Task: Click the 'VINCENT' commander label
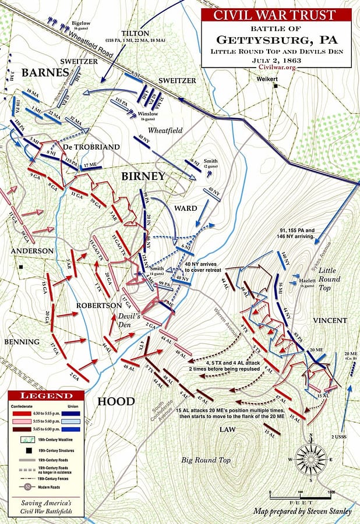[x=329, y=321]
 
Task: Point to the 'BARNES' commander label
[x=42, y=73]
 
